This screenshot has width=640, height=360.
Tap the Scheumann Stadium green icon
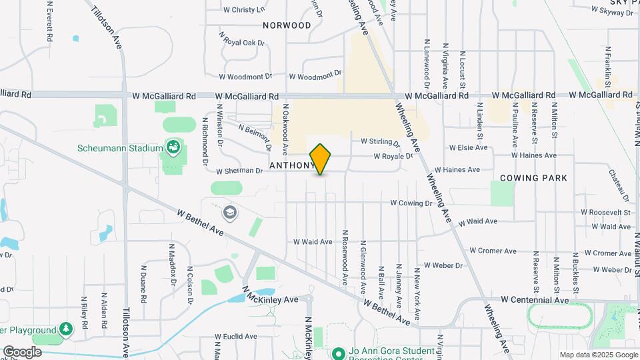click(x=174, y=147)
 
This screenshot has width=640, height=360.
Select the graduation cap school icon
click(x=230, y=213)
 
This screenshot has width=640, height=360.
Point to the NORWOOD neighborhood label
click(x=287, y=25)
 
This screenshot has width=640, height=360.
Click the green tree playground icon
click(x=66, y=329)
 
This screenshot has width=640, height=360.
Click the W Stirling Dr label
click(x=380, y=142)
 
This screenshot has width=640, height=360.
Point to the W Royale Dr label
click(x=393, y=157)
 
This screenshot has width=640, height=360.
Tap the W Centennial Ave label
click(x=535, y=300)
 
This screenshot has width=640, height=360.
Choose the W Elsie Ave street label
click(x=468, y=148)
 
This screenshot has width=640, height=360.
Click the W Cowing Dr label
click(x=411, y=202)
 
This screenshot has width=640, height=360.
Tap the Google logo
click(x=22, y=352)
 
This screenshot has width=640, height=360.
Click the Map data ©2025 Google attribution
click(x=598, y=355)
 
